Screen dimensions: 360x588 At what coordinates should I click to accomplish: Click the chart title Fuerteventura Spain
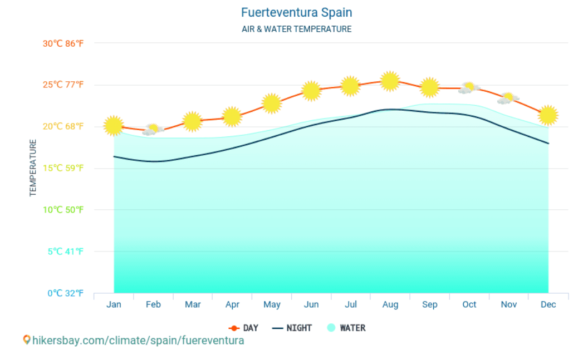(296, 12)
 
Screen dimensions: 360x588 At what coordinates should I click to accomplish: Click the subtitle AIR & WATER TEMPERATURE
(296, 29)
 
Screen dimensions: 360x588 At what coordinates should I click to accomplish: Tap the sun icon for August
(390, 81)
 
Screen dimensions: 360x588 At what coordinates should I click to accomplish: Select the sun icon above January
(114, 126)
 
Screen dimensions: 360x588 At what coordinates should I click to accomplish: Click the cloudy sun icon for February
(153, 130)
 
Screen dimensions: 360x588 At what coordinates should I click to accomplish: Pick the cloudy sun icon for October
(469, 88)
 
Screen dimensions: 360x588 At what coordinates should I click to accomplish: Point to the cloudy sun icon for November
(508, 98)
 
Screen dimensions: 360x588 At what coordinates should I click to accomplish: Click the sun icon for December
(548, 115)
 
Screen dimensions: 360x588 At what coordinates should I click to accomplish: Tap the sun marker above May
(271, 103)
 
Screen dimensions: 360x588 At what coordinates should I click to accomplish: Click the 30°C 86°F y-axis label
(63, 43)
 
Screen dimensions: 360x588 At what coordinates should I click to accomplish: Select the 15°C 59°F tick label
(63, 168)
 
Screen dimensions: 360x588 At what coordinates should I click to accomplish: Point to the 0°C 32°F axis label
(65, 293)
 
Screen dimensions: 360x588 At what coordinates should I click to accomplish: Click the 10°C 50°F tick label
(63, 210)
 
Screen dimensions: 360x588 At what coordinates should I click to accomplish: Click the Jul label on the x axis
(351, 305)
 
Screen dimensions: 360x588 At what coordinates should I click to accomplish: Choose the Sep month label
(429, 305)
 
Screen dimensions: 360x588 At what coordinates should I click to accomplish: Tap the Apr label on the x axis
(232, 305)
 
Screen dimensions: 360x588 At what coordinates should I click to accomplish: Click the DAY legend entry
(244, 328)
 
